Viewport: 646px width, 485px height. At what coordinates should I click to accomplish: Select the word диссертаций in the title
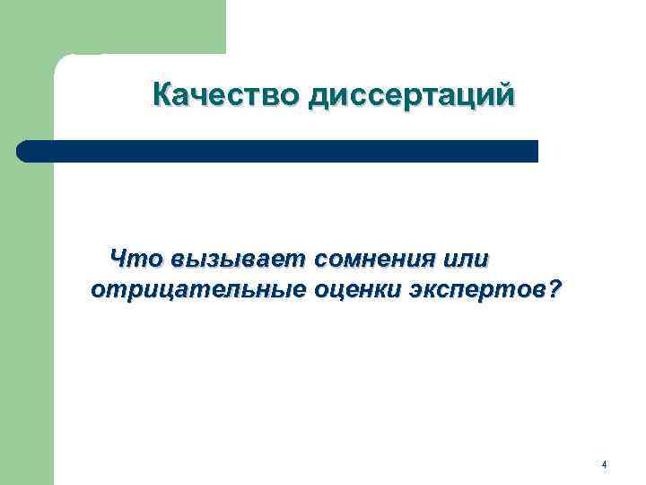pyautogui.click(x=412, y=95)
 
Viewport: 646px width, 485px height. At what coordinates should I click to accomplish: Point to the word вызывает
pyautogui.click(x=240, y=260)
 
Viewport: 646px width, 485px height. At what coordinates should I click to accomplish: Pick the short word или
pyautogui.click(x=467, y=260)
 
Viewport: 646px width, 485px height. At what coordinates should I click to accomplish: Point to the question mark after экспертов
pyautogui.click(x=554, y=289)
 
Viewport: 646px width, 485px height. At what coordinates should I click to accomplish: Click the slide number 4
pyautogui.click(x=604, y=464)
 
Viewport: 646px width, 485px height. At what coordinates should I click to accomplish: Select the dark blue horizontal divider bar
pyautogui.click(x=278, y=151)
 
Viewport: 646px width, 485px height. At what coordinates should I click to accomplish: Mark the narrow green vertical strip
pyautogui.click(x=27, y=341)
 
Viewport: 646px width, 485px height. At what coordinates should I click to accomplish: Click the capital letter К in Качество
pyautogui.click(x=163, y=94)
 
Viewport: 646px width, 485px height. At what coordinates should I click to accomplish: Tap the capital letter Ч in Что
pyautogui.click(x=118, y=260)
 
